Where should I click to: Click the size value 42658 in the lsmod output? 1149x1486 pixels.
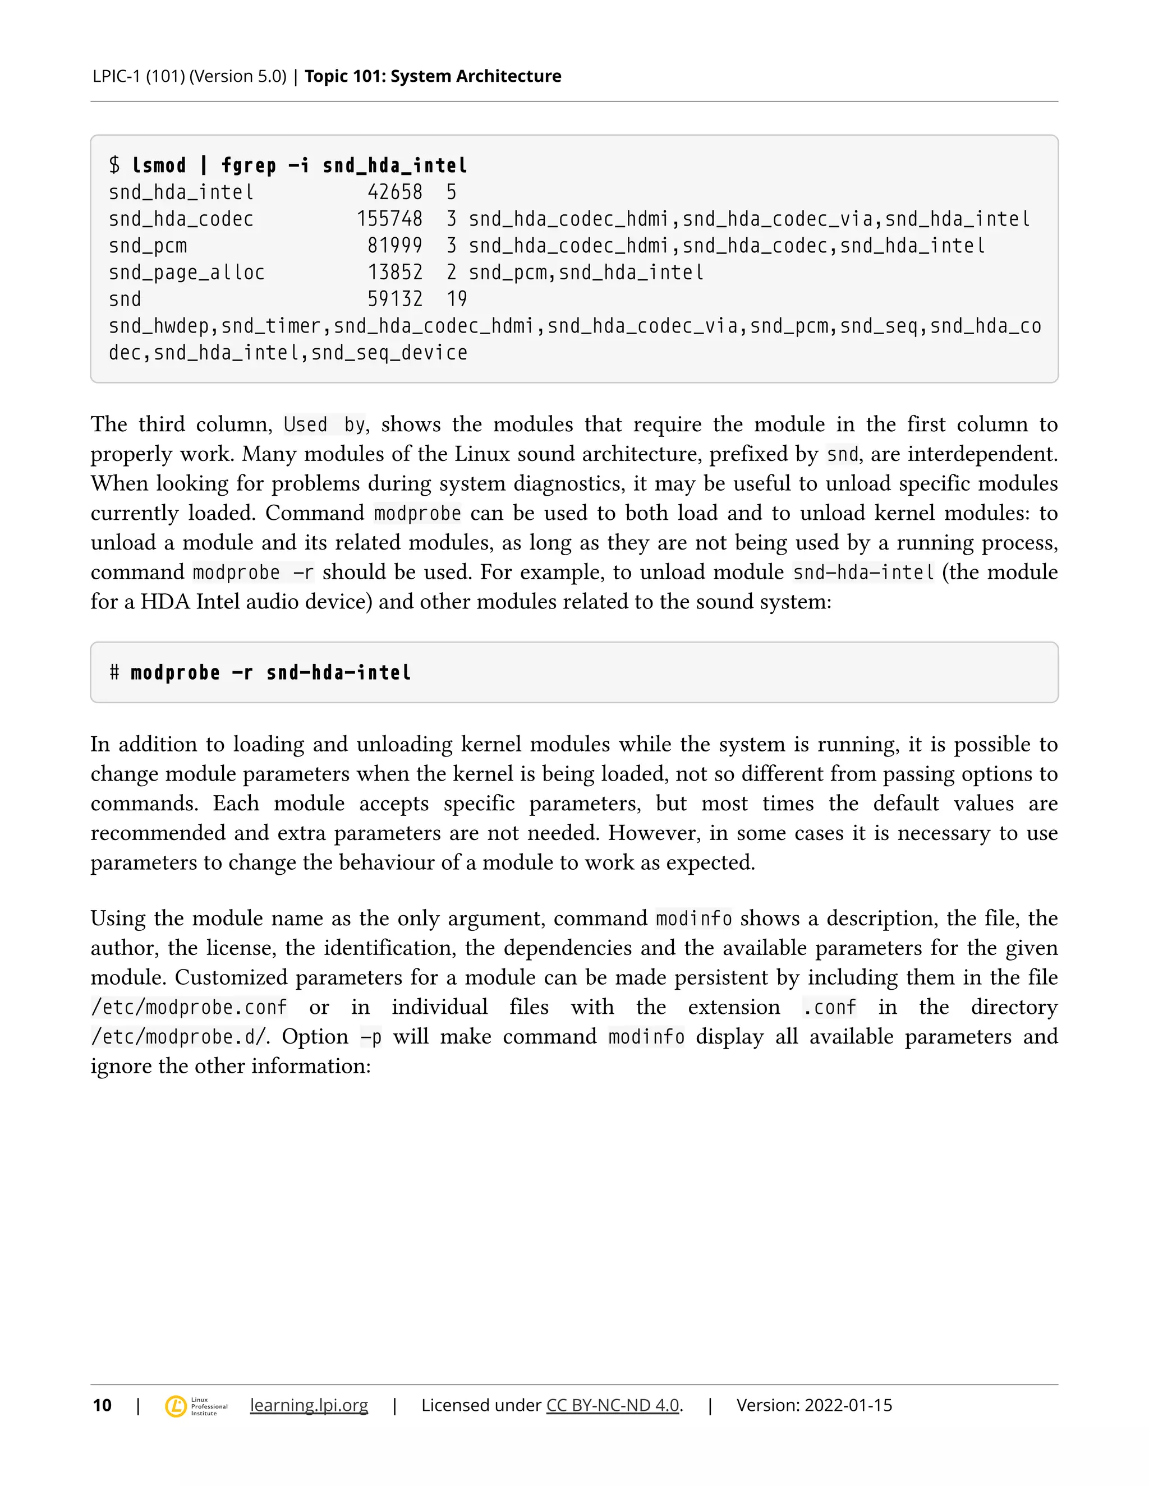(395, 192)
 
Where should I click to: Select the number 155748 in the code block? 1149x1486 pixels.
(389, 219)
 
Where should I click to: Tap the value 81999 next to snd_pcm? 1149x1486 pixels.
(395, 246)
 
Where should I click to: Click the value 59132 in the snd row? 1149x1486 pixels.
(395, 299)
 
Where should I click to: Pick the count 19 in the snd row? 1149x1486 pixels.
(457, 299)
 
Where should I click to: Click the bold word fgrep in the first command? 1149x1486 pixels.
(249, 165)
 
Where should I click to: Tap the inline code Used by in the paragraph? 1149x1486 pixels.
(325, 425)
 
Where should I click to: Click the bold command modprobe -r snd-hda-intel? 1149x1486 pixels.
(271, 673)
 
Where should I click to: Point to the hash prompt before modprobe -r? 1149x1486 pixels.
(114, 673)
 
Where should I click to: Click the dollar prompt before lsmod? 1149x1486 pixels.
(114, 165)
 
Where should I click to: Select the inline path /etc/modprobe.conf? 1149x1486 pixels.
(189, 1007)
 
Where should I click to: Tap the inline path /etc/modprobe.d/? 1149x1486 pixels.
(180, 1037)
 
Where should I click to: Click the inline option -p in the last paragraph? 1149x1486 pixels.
(371, 1037)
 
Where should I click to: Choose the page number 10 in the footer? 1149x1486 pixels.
(102, 1405)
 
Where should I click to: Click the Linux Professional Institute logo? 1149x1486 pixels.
(196, 1406)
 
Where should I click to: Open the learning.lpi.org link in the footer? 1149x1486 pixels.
(309, 1405)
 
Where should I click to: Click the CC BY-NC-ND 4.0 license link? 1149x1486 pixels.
(613, 1405)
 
